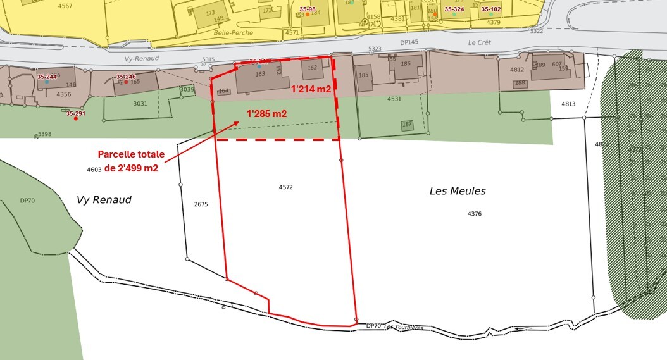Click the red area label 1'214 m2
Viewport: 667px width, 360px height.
310,90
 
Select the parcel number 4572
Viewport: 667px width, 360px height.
286,187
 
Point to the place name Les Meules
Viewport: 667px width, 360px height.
458,190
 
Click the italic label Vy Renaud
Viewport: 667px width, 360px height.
104,200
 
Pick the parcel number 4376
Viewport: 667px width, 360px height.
475,214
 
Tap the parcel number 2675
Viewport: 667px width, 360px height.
201,204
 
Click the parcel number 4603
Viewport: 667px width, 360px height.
94,170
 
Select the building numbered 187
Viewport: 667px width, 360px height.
407,125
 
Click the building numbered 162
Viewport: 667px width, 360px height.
312,68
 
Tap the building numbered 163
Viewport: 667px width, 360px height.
259,74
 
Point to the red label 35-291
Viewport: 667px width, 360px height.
75,114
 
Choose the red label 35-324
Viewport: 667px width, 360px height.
454,9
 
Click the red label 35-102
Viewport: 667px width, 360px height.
491,9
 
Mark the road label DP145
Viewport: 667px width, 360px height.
409,42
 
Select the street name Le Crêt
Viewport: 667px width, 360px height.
479,43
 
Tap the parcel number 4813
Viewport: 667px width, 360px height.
568,104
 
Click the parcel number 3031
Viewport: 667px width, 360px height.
140,104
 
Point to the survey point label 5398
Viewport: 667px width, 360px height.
44,134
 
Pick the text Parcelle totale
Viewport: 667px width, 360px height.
131,154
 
